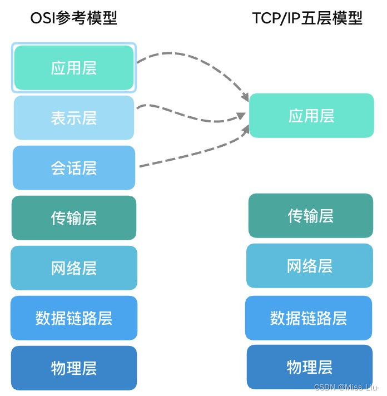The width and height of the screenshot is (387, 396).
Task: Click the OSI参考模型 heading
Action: tap(73, 18)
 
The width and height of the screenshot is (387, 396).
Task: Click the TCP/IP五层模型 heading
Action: tap(307, 18)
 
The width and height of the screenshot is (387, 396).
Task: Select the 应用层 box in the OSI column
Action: tap(74, 68)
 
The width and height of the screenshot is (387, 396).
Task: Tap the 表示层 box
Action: tap(74, 118)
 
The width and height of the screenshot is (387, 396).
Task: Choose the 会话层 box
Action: tap(74, 168)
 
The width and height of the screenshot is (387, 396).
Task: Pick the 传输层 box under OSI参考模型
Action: tap(74, 218)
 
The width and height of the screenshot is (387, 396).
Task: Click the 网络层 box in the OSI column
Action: tap(74, 268)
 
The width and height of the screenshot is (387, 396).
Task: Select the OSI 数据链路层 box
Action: tap(74, 318)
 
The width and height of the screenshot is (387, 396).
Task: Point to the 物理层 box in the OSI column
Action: tap(74, 368)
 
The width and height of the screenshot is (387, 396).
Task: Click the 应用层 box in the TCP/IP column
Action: tap(311, 116)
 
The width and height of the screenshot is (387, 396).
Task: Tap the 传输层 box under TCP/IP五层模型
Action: tap(311, 216)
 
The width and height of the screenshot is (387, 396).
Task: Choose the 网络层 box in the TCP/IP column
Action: tap(310, 266)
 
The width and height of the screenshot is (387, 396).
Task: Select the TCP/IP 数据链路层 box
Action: tap(309, 318)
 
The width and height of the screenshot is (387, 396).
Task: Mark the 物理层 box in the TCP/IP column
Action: tap(310, 367)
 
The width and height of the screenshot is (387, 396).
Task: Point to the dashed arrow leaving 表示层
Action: tap(189, 114)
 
